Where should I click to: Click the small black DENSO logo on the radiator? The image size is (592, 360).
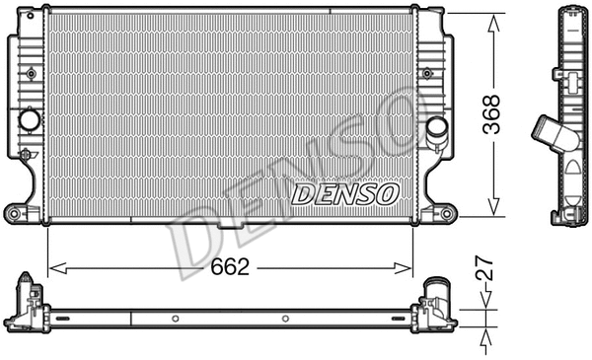345,192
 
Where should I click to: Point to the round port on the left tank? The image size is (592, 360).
28,120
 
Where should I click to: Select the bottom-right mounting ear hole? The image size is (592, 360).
446,213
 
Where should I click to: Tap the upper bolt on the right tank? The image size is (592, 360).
426,72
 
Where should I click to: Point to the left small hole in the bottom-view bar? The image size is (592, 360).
174,319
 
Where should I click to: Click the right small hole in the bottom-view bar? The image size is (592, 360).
284,319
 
